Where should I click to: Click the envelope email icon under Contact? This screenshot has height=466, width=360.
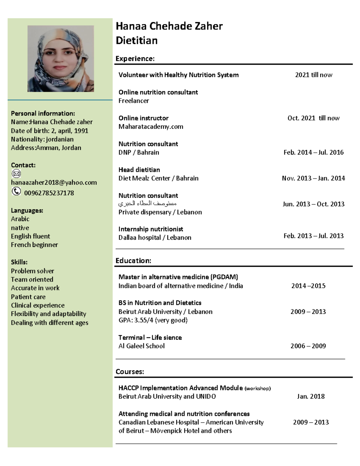coord(16,173)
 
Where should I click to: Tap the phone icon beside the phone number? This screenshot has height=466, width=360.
coord(16,191)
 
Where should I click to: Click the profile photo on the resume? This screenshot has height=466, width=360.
coord(61,59)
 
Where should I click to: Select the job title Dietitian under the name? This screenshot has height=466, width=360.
coord(136,41)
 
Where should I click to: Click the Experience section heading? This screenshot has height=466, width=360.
coord(135,59)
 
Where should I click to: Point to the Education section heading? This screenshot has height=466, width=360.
coord(133,260)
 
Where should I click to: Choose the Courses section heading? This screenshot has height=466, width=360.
coord(130,371)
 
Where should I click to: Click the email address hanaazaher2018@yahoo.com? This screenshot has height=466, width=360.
coord(54,182)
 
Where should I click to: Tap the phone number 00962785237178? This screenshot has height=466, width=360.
coord(49,193)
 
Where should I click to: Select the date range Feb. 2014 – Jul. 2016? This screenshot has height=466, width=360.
coord(313,152)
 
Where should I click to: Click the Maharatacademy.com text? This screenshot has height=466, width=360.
coord(151,127)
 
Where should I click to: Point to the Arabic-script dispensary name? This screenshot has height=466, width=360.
coord(147,204)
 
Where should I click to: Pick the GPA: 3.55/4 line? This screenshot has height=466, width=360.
coord(153,320)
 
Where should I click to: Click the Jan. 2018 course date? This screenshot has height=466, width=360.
coord(311,396)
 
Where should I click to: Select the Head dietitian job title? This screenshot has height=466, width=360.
coord(139,170)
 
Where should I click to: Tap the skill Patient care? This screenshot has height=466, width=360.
coord(28,297)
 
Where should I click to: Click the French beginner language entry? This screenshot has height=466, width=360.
coord(34,245)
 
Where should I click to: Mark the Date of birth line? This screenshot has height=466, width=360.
coord(49,131)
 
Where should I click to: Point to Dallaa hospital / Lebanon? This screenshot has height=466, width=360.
coord(155,237)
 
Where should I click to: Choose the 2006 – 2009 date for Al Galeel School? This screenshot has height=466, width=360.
coord(308,346)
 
